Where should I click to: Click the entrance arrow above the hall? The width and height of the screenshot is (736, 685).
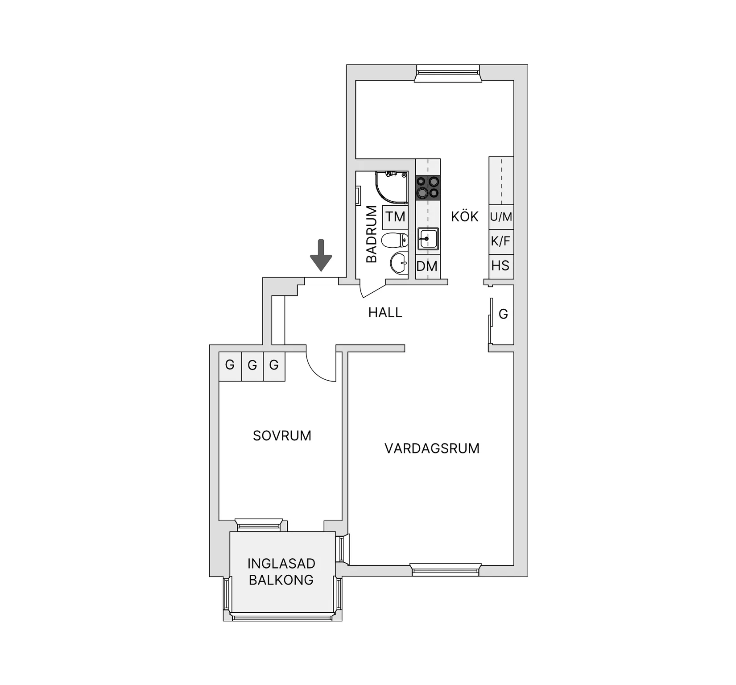[321, 255]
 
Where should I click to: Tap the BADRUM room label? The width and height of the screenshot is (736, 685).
[372, 234]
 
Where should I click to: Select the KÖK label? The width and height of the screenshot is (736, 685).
[465, 216]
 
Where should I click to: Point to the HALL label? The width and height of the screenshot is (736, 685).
[385, 312]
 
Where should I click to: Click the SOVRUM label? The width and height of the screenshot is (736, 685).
[282, 436]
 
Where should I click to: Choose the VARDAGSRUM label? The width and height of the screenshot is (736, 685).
[432, 448]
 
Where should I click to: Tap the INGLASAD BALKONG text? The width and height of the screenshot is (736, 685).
[281, 572]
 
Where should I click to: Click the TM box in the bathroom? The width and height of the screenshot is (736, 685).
[395, 217]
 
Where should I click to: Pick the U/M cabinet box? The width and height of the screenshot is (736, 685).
[501, 217]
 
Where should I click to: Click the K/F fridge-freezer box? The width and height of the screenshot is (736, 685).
[501, 242]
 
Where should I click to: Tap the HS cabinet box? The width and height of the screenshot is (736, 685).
[501, 266]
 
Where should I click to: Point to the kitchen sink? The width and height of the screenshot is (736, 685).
[428, 239]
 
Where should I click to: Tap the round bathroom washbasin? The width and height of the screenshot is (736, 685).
[399, 263]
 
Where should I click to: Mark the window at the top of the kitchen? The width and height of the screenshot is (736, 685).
[448, 74]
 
